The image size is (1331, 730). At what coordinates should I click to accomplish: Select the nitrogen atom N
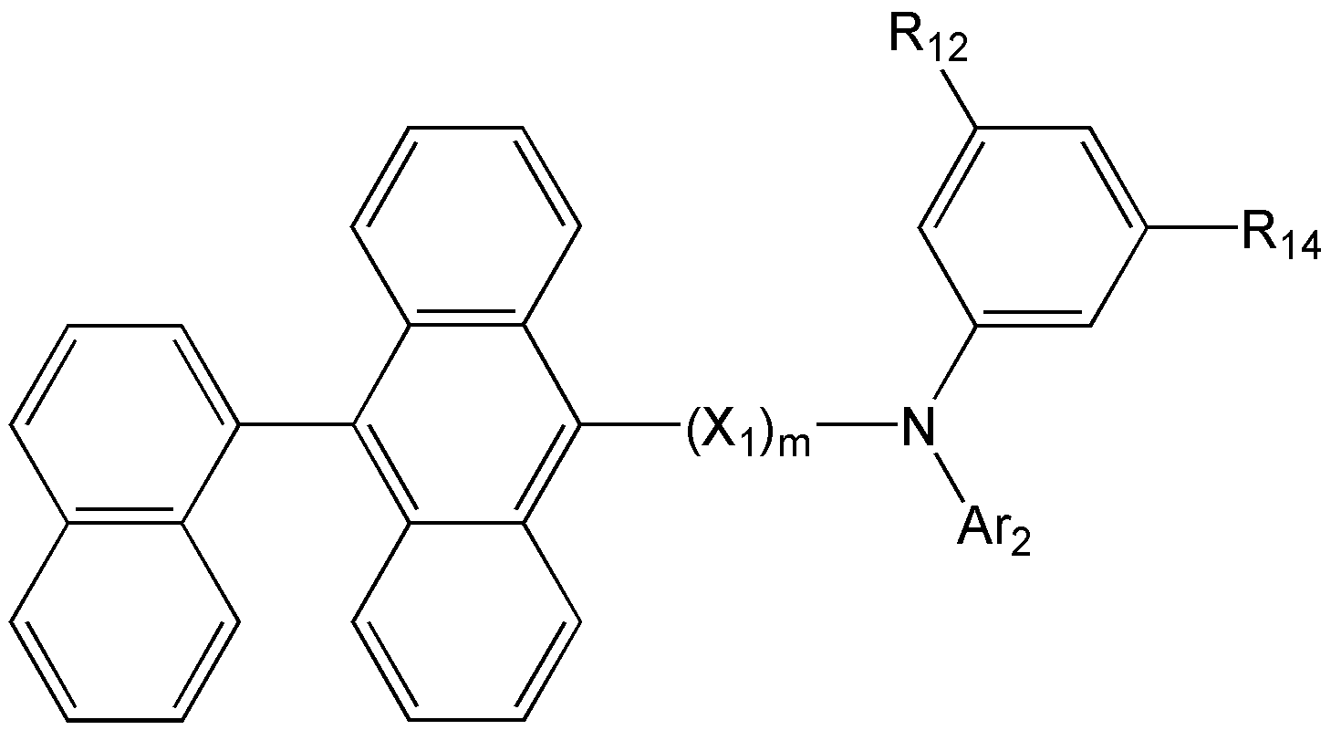[x=918, y=426]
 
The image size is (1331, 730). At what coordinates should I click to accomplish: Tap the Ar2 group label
[x=993, y=533]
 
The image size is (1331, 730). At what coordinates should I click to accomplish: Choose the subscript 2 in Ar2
[x=1020, y=543]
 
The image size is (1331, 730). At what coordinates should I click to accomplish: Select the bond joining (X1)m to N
[x=857, y=424]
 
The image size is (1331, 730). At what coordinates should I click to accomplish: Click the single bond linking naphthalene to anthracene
[x=296, y=424]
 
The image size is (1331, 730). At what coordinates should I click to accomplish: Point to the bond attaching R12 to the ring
[x=957, y=98]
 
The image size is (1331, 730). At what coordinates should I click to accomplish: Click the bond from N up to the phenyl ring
[x=955, y=362]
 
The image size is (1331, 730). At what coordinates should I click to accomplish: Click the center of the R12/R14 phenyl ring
[x=1033, y=226]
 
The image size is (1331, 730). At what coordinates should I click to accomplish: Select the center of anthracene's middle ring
[x=466, y=424]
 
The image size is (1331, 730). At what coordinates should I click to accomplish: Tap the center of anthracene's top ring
[x=466, y=226]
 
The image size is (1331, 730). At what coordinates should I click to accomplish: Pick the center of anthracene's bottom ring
[x=466, y=622]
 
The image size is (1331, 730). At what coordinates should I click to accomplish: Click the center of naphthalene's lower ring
[x=125, y=622]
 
